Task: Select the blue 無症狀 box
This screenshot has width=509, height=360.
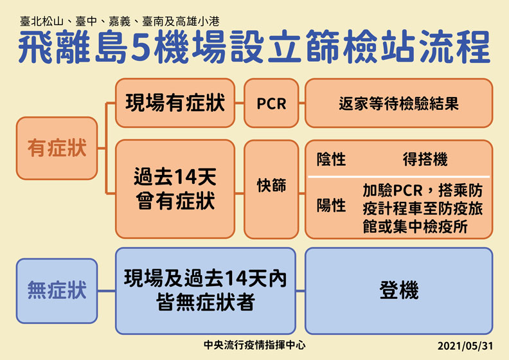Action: tap(56, 291)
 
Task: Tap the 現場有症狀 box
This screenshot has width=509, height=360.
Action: tap(174, 103)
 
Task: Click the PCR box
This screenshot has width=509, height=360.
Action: tap(271, 103)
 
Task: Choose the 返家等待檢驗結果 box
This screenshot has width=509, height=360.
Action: tap(398, 103)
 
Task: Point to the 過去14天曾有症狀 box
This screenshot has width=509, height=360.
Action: tap(174, 189)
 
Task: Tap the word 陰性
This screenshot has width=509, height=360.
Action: tap(331, 159)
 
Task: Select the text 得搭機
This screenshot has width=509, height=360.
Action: tap(425, 159)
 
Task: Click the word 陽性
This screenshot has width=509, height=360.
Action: tap(331, 206)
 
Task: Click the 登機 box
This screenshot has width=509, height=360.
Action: tap(398, 291)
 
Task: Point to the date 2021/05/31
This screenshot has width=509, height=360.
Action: tap(465, 345)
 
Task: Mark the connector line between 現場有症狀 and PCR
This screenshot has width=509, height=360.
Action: tap(238, 103)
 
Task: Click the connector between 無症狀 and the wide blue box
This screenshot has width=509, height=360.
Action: tap(106, 291)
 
